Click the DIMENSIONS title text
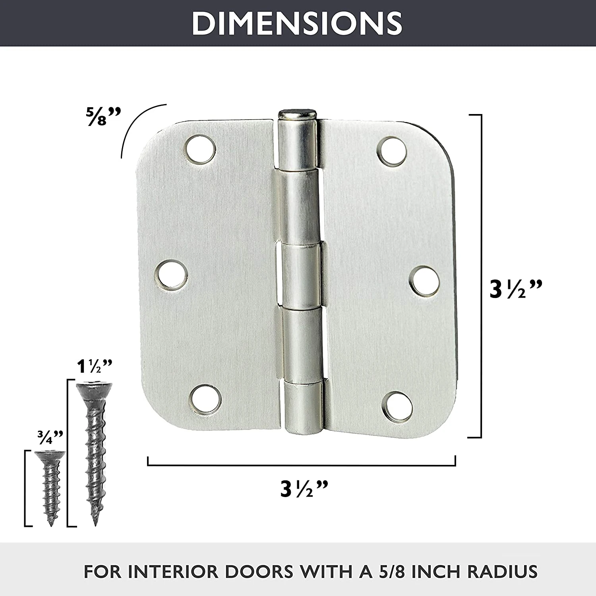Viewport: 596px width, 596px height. pyautogui.click(x=297, y=23)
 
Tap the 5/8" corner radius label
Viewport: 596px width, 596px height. pyautogui.click(x=102, y=116)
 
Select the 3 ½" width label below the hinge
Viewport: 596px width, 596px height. pyautogui.click(x=304, y=488)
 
